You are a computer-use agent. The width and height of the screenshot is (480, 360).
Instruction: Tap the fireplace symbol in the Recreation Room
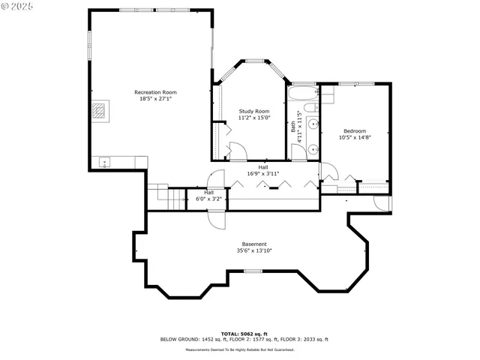(x=100, y=111)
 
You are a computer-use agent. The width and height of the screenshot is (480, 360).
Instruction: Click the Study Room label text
(x=253, y=111)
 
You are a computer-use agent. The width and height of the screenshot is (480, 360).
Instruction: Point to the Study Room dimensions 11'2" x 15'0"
(x=253, y=118)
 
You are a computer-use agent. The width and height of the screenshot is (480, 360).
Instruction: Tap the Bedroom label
(x=355, y=130)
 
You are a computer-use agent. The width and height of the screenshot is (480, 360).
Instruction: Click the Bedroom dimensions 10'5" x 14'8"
(x=355, y=137)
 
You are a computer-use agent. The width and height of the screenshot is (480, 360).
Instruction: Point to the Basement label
(x=253, y=244)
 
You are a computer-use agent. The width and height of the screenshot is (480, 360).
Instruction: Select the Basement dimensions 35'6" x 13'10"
(x=253, y=250)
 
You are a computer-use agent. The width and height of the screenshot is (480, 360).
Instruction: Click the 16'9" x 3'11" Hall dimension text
(x=262, y=174)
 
